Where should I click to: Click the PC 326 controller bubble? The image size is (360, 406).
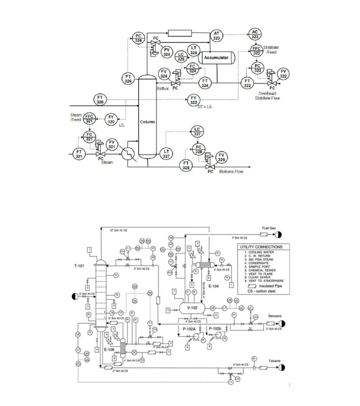pyautogui.click(x=138, y=38)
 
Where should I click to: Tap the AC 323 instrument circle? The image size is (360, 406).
pyautogui.click(x=255, y=34)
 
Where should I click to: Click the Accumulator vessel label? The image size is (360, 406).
pyautogui.click(x=216, y=58)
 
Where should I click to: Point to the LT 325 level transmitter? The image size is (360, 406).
pyautogui.click(x=194, y=50)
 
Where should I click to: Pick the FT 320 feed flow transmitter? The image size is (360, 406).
pyautogui.click(x=100, y=99)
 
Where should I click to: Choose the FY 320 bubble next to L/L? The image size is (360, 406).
pyautogui.click(x=111, y=119)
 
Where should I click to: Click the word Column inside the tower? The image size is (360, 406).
pyautogui.click(x=147, y=122)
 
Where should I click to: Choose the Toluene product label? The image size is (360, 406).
pyautogui.click(x=275, y=361)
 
